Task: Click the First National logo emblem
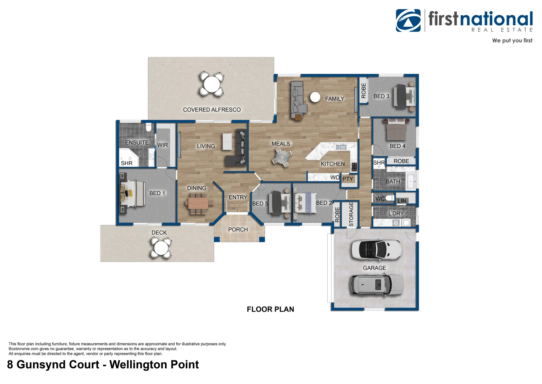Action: tap(408, 21)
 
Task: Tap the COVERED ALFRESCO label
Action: tap(212, 110)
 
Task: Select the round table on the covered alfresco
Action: tap(212, 84)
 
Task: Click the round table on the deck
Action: tap(161, 247)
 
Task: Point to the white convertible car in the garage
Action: tap(377, 250)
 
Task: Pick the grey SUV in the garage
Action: tap(377, 285)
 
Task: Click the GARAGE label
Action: tap(374, 268)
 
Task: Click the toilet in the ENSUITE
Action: tap(149, 127)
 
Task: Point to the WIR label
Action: tap(163, 145)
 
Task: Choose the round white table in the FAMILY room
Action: tap(315, 97)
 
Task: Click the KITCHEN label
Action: tap(333, 164)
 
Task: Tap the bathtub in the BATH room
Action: tap(411, 181)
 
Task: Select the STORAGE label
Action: tap(351, 214)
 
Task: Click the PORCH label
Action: tap(238, 230)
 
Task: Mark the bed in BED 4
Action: tap(396, 130)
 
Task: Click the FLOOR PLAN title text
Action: tap(270, 309)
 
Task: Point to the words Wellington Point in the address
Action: tap(154, 365)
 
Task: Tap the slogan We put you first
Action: tap(512, 41)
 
